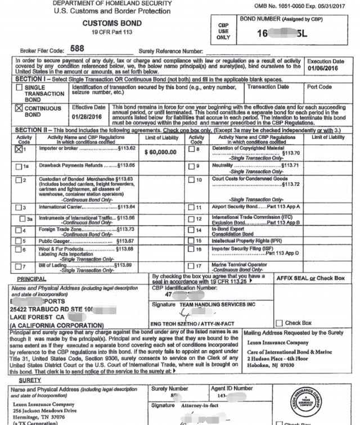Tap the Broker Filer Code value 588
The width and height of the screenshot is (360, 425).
[77, 48]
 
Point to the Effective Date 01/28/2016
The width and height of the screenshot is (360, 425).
[89, 117]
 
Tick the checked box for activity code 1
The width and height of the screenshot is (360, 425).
[21, 150]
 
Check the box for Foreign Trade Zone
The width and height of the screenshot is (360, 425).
[21, 230]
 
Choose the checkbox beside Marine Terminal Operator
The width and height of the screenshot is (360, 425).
[191, 265]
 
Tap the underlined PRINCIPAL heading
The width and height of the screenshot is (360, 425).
[31, 278]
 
